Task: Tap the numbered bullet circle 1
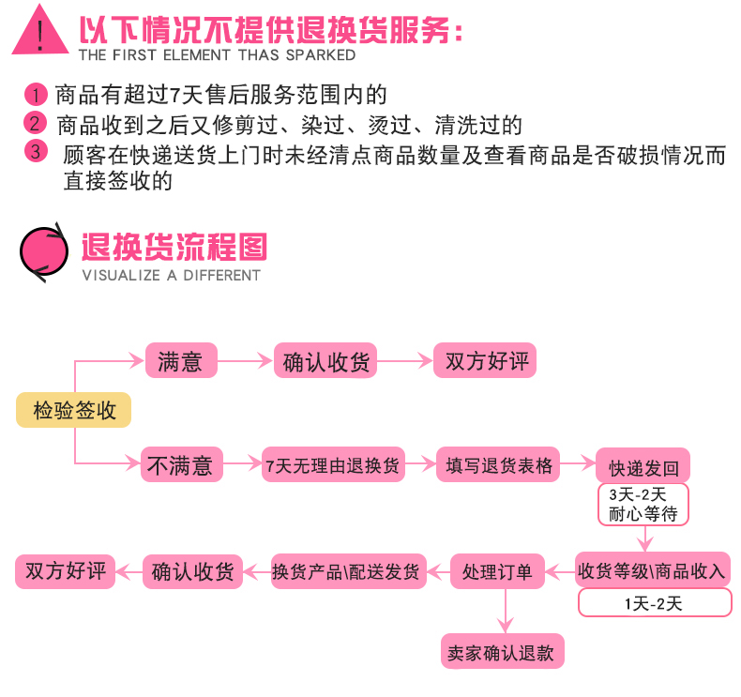tap(35, 95)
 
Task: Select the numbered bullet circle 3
tap(36, 151)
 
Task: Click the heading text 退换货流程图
tap(174, 247)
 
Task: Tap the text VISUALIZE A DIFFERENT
tap(171, 275)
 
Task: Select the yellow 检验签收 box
tap(74, 410)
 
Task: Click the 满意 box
tap(181, 361)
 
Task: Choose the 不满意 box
tap(181, 464)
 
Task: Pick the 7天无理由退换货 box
tap(333, 464)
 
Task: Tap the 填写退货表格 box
tap(499, 464)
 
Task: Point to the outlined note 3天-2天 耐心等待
tap(643, 505)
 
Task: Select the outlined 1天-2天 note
tap(654, 603)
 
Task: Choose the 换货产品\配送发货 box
tap(345, 570)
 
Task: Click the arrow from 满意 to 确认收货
tap(245, 361)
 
